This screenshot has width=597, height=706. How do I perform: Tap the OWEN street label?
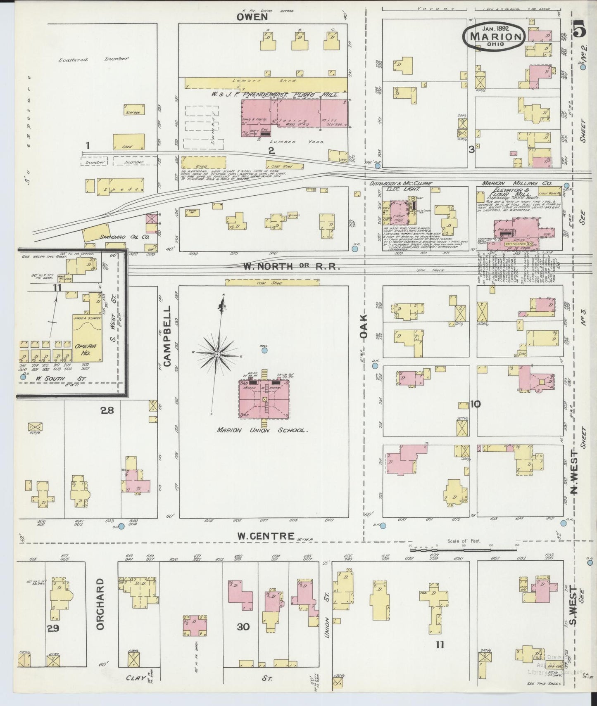252,17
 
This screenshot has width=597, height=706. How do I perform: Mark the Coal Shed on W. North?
272,282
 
